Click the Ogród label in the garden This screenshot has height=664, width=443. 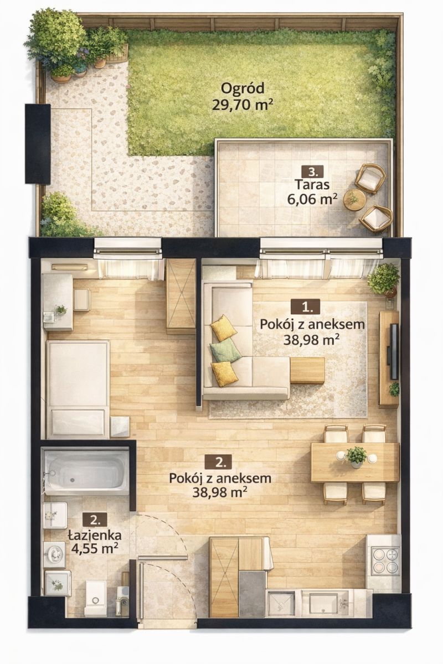click(243, 89)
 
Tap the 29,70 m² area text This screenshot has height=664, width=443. click(243, 105)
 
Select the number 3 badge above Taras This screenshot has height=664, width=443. click(312, 172)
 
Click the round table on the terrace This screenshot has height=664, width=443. click(353, 200)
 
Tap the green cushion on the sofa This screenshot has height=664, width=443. click(225, 350)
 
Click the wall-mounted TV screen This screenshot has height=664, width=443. click(394, 351)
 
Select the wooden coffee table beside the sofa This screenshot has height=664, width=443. click(307, 371)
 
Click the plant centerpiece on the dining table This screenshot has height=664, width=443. click(356, 456)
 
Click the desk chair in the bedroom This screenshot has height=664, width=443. click(82, 300)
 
